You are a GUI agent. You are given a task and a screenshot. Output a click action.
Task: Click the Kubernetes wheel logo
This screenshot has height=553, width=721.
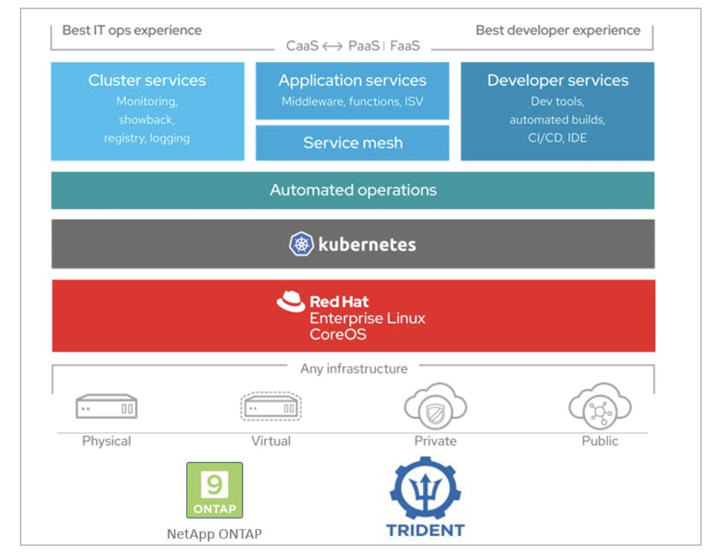(x=301, y=244)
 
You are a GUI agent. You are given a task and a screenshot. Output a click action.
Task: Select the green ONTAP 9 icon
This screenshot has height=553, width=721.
(x=214, y=490)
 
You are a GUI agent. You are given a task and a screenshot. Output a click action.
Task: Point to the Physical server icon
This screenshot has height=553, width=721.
(x=107, y=407)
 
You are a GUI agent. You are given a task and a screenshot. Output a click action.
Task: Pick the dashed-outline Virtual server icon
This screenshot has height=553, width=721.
(x=271, y=406)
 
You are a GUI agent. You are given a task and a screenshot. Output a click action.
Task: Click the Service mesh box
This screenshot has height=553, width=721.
(x=352, y=143)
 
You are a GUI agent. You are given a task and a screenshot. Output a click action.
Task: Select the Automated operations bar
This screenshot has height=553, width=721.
(x=353, y=190)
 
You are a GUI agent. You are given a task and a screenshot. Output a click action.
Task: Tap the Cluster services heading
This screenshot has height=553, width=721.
(x=147, y=80)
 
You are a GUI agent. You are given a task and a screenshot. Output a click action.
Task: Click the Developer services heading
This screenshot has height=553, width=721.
(x=558, y=80)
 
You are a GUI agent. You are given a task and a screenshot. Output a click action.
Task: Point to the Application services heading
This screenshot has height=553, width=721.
(x=352, y=80)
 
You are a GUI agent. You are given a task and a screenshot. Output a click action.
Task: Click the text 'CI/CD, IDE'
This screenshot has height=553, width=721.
(x=558, y=138)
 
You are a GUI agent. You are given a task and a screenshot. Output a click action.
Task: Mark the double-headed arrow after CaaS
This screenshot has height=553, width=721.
(x=333, y=46)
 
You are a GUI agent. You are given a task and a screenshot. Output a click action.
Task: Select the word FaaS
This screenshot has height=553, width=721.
(x=405, y=46)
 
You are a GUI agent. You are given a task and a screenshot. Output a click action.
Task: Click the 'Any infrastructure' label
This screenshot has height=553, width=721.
(x=354, y=369)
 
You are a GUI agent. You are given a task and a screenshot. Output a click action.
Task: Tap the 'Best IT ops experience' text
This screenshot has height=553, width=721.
(x=132, y=30)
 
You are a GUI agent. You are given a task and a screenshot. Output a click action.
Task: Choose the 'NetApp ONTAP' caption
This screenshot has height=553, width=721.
(x=214, y=534)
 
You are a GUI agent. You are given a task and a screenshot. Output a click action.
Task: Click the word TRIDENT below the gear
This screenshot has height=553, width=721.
(x=425, y=530)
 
